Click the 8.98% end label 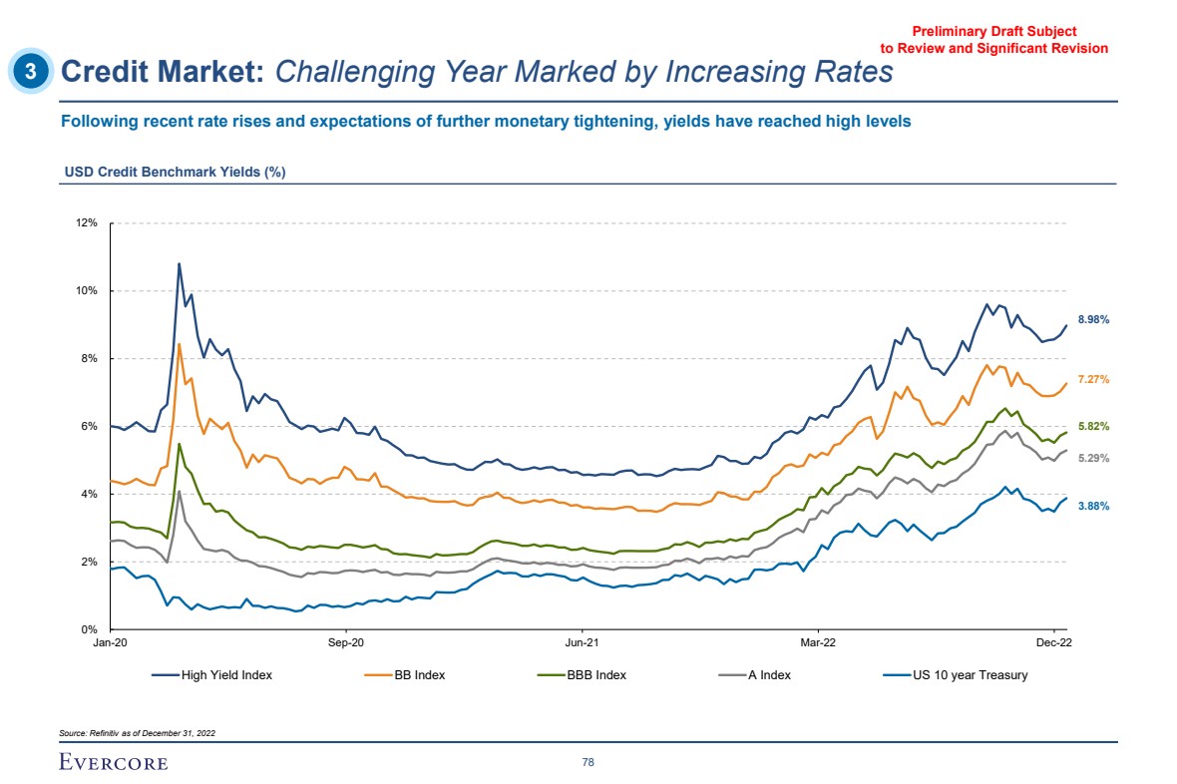coord(1094,319)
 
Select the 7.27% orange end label coord(1094,379)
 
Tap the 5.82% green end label coord(1094,426)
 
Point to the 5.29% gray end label coord(1094,458)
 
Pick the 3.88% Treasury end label coord(1094,506)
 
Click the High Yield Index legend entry coord(212,675)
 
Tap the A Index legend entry coord(756,675)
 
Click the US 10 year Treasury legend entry coord(958,675)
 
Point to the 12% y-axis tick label coord(86,222)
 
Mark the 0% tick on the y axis coord(89,629)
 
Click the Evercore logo coord(114,763)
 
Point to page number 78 coord(588,763)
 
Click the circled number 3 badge coord(32,71)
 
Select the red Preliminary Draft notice coord(994,40)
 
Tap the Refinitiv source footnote coord(138,733)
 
